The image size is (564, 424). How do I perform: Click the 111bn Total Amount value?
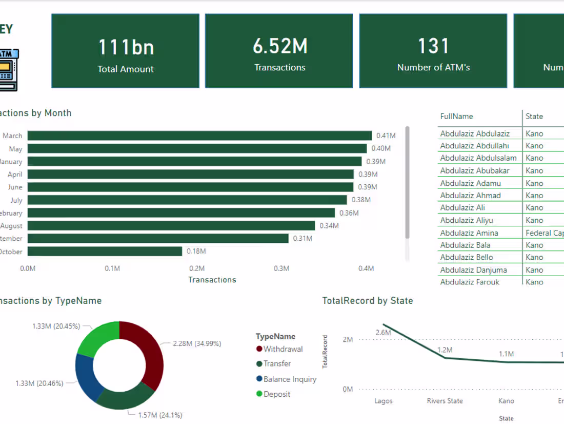(x=126, y=47)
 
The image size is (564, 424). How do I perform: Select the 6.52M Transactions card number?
(x=280, y=46)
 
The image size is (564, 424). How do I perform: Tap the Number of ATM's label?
(x=433, y=67)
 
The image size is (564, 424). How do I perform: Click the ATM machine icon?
(x=7, y=70)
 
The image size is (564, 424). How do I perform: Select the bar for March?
(x=199, y=136)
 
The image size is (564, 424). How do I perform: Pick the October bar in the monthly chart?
(x=105, y=251)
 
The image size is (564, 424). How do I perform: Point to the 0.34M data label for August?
(x=329, y=226)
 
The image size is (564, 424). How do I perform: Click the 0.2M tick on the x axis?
(x=197, y=268)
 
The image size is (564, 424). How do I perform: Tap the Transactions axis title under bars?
(x=212, y=280)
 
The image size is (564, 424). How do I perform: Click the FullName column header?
(x=456, y=117)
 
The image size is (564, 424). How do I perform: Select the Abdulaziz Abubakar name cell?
(x=475, y=170)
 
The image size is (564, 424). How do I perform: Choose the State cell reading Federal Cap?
(x=544, y=233)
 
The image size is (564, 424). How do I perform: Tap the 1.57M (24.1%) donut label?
(x=160, y=415)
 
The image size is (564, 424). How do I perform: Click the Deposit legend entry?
(x=277, y=394)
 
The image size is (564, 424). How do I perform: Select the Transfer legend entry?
(x=277, y=363)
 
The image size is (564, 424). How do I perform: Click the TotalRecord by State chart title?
(x=367, y=301)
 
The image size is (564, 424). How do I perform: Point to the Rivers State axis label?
(x=445, y=401)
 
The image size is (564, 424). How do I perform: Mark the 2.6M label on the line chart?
(x=383, y=333)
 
